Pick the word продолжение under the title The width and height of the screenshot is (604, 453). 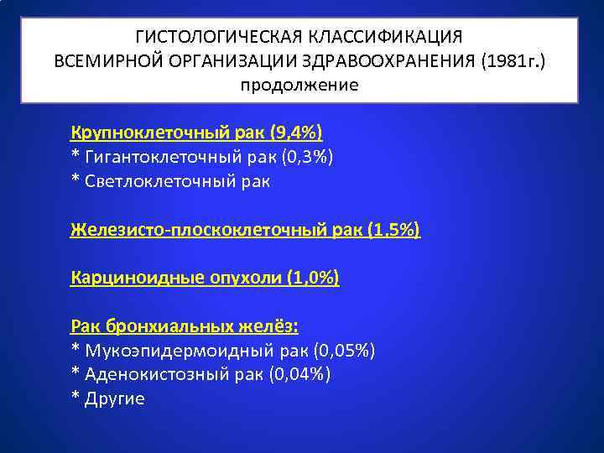tap(299, 85)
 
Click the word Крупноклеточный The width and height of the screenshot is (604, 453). tap(141, 133)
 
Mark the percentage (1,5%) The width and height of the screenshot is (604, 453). tap(393, 229)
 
